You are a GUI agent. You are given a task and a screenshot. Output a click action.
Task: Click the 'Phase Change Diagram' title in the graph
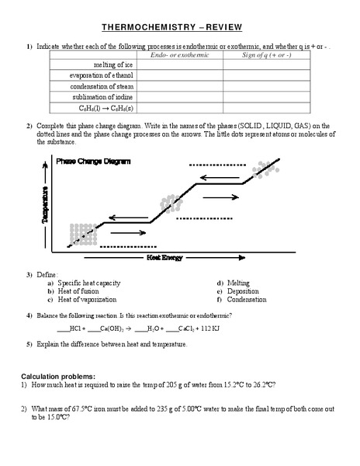[x=93, y=161]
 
